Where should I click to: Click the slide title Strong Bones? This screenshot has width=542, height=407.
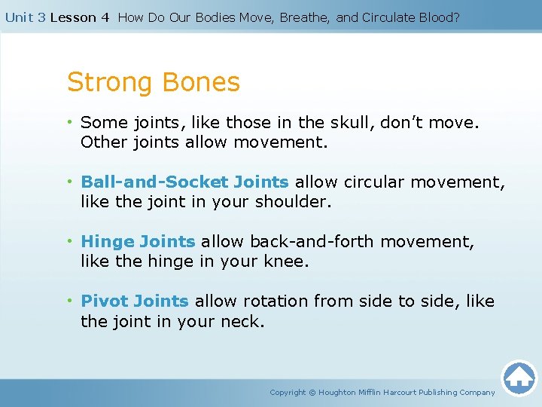click(x=154, y=82)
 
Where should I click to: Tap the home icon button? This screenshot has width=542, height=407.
click(x=519, y=378)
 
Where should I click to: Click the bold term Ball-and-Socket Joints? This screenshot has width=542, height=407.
click(x=184, y=182)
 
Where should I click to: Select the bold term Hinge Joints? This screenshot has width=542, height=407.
click(x=138, y=241)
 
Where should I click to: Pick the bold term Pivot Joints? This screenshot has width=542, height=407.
click(x=135, y=301)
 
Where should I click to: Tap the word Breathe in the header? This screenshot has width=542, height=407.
click(x=304, y=17)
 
